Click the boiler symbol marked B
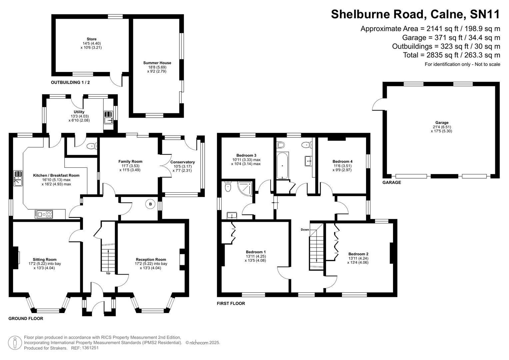[x=150, y=204]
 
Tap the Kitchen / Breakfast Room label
[x=56, y=175]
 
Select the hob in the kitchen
[x=44, y=215]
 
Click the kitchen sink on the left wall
[x=18, y=178]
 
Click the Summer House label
[x=157, y=63]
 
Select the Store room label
[x=91, y=39]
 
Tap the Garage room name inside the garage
[x=442, y=123]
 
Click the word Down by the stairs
[x=305, y=230]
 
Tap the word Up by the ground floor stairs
[x=108, y=273]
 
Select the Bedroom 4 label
[x=342, y=161]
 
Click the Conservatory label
[x=182, y=162]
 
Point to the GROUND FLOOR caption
[x=26, y=319]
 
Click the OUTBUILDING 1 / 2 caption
[x=70, y=82]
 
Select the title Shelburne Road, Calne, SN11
[x=415, y=14]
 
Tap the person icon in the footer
[x=15, y=343]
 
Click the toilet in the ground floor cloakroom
[x=91, y=146]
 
